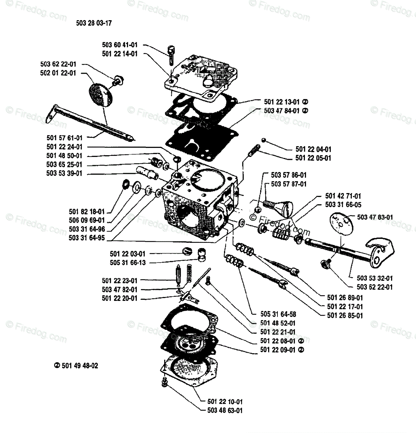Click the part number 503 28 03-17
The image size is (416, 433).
[x=94, y=23]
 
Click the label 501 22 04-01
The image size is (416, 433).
[x=313, y=149]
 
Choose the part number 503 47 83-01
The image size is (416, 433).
[x=375, y=217]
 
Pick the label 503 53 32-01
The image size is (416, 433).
[x=375, y=278]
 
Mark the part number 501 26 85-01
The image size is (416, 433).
[x=345, y=315]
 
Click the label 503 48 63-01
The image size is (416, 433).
[x=225, y=410]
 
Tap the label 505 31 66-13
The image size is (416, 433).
[x=128, y=263]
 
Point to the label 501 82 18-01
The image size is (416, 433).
[x=87, y=211]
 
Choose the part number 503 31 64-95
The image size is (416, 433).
[x=87, y=238]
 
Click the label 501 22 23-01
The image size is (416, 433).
[x=119, y=280]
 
